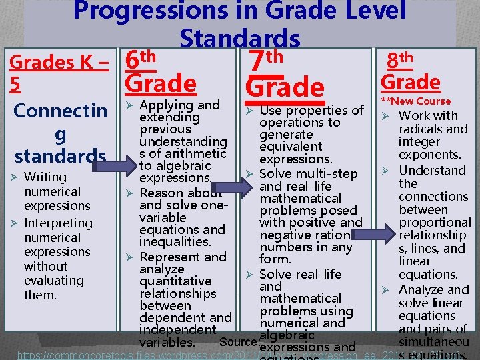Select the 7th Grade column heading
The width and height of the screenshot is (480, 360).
coord(285,75)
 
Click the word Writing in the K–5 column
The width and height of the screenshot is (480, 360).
coord(45,177)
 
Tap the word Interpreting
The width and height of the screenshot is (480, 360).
coord(58,223)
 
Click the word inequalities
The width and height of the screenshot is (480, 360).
coord(175,241)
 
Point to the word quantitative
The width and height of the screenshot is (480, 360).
coord(175,281)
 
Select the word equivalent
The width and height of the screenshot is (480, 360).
coord(291,147)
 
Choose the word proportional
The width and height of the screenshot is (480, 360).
coord(435,222)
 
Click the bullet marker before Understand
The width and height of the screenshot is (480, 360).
coord(385,171)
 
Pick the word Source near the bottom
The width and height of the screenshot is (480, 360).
coord(237,342)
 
